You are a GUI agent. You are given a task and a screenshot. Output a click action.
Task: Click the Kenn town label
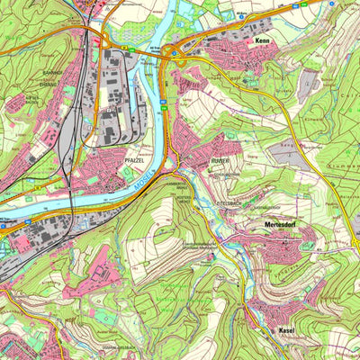tap(263, 41)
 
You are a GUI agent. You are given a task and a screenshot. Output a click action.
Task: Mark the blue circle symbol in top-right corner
tap(331, 4)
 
